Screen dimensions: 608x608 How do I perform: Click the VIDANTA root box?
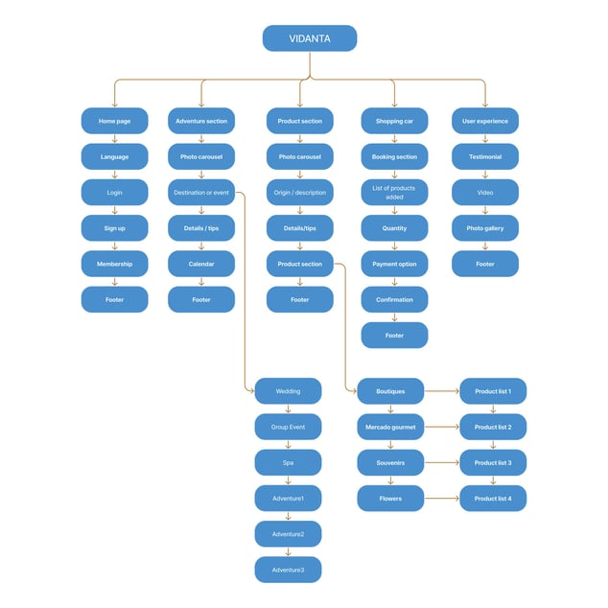coord(310,38)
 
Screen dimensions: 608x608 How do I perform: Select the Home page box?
coord(114,121)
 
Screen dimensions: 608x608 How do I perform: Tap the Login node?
coord(114,193)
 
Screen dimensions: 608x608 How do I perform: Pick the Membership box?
coord(114,264)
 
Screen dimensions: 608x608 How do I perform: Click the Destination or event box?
coord(201,193)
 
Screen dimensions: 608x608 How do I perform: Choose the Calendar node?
coord(201,264)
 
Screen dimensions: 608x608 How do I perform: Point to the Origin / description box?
coord(300,193)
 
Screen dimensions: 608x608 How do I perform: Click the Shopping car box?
coord(394,121)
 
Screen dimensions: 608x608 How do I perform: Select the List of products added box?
coord(394,193)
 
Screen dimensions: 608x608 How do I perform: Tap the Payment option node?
coord(394,264)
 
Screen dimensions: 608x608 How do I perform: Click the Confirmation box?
coord(394,299)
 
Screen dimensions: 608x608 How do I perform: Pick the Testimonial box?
coord(485,156)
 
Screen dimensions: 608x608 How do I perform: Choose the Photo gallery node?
coord(485,228)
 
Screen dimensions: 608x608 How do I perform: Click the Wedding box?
coord(288,391)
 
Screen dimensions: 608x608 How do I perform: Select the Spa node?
coord(288,462)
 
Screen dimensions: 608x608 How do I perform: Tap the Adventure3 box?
coord(288,570)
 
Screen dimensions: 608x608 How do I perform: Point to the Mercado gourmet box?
coord(390,427)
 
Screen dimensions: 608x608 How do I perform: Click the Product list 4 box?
coord(493,499)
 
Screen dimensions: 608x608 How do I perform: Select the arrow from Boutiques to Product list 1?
coord(442,391)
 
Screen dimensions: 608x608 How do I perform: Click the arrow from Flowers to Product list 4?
coord(442,499)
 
